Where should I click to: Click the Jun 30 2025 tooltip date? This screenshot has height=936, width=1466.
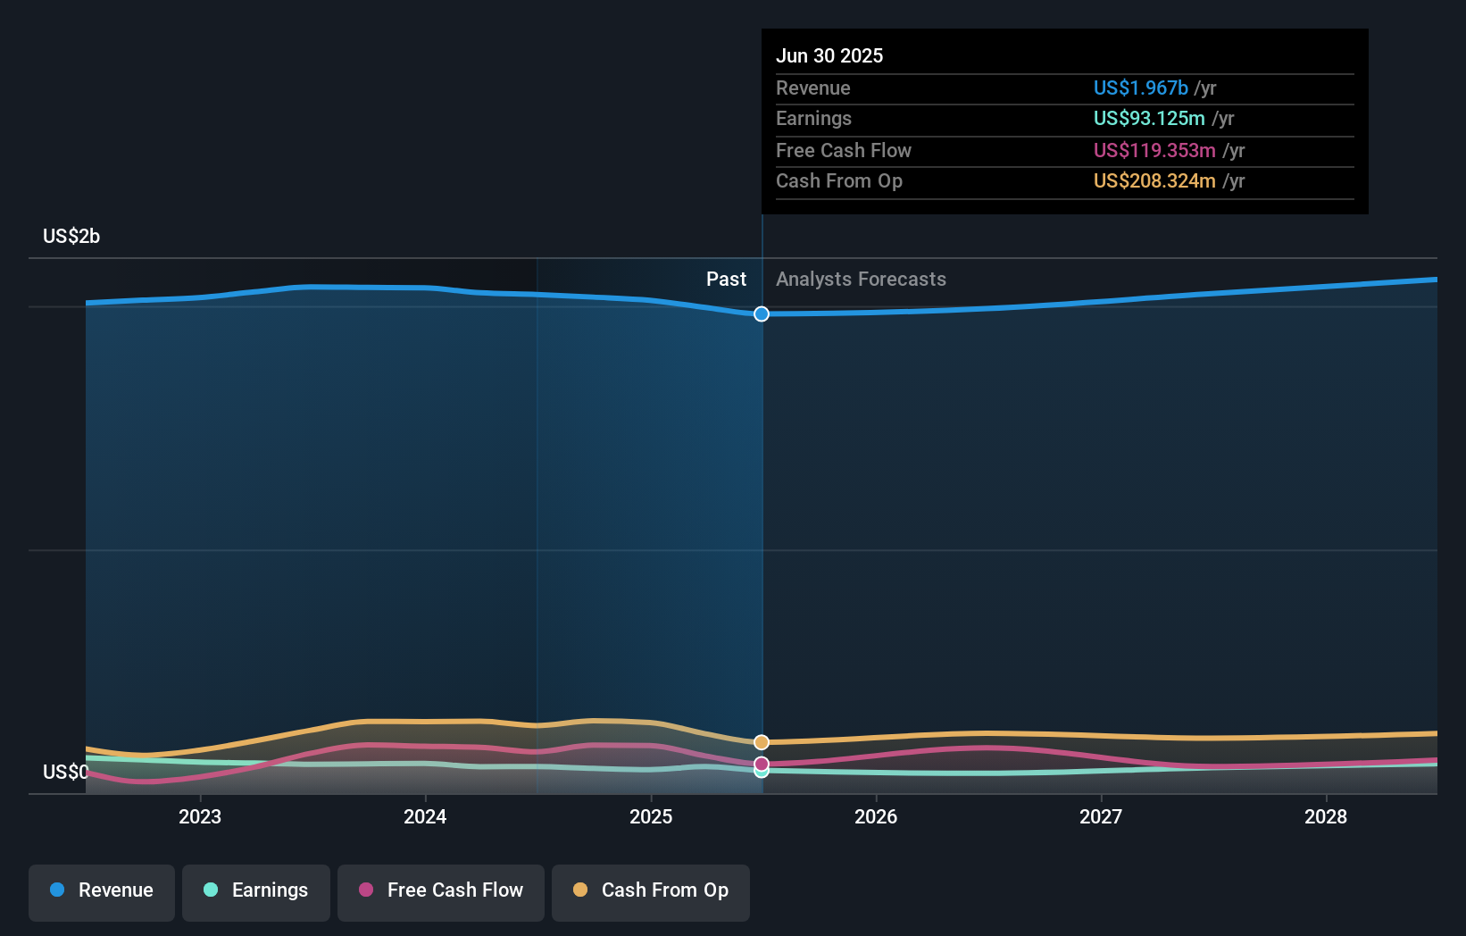(829, 55)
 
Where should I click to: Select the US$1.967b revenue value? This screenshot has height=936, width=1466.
(1140, 88)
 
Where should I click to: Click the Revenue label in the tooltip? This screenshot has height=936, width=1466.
(812, 88)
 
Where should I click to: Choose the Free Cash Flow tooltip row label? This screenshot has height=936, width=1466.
(843, 150)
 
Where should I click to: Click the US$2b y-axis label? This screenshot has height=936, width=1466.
(71, 236)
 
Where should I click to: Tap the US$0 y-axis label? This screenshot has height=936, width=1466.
(65, 772)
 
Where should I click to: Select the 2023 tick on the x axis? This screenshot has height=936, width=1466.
(199, 816)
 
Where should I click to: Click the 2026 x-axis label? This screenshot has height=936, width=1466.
(875, 816)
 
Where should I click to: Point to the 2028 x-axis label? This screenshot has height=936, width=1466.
(1325, 816)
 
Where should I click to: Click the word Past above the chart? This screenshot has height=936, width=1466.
(726, 279)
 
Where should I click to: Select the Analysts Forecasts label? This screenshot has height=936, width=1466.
(861, 279)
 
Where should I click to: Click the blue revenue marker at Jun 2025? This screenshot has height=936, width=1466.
(762, 313)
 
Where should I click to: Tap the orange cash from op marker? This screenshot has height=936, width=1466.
(762, 742)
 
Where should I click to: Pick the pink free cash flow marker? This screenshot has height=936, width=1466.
(762, 764)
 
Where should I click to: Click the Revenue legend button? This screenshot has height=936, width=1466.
(102, 890)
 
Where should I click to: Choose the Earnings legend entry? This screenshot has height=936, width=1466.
(256, 890)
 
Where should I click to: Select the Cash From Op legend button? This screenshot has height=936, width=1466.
(651, 890)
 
